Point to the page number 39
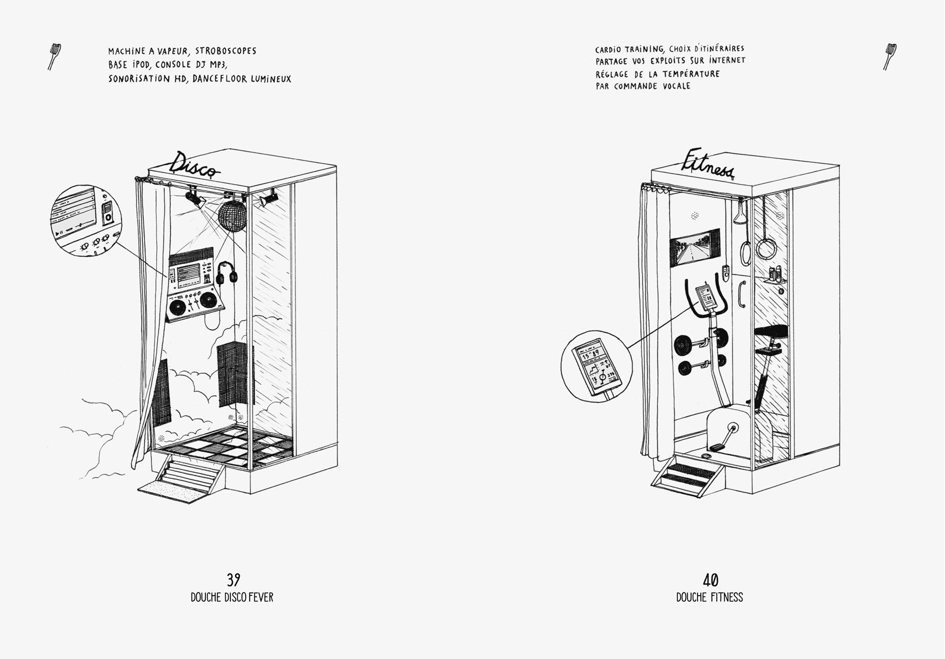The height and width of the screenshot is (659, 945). (x=233, y=580)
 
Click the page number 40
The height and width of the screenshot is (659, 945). (x=710, y=580)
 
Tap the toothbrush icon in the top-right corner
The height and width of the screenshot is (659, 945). (x=890, y=56)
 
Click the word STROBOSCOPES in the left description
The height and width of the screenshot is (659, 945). (x=226, y=51)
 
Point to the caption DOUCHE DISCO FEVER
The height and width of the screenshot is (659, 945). (x=232, y=598)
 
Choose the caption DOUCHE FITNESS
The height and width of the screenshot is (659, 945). (x=709, y=598)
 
